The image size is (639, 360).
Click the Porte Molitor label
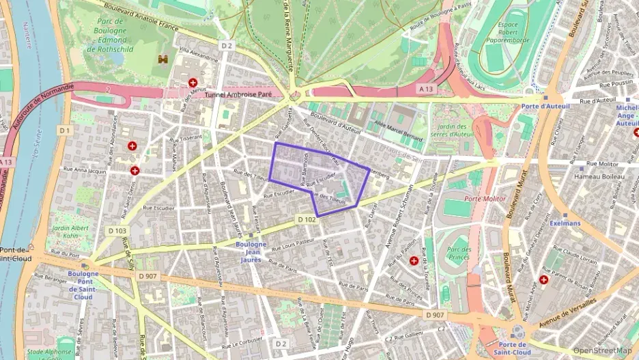(x=484, y=199)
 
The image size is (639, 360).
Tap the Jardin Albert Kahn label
(x=70, y=232)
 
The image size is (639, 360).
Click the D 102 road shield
(x=307, y=219)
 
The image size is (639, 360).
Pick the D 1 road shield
(x=65, y=130)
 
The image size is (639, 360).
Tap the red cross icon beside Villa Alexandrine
(x=193, y=83)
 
